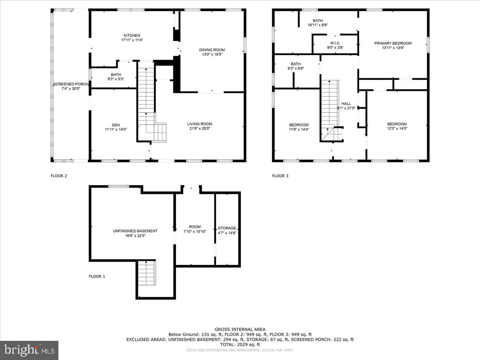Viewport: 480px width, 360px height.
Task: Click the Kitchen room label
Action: coord(132,36)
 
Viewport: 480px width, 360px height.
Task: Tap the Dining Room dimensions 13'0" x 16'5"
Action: coord(212,54)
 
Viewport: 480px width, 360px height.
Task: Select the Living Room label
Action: coord(200,124)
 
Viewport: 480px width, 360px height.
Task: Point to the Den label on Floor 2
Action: coord(116,125)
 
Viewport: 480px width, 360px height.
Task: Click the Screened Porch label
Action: coord(70,84)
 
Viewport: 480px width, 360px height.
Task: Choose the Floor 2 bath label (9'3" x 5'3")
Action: coord(116,74)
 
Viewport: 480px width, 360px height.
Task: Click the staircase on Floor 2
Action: coord(146,96)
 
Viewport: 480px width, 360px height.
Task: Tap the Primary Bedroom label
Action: coord(393,43)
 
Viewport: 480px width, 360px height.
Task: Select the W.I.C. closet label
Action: coord(335,43)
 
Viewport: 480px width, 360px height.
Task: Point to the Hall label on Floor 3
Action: coord(346,104)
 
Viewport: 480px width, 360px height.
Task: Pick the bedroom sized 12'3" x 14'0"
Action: coord(397,124)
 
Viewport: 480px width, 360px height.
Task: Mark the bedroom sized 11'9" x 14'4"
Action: coord(299,125)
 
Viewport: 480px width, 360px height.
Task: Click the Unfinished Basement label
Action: coord(135,231)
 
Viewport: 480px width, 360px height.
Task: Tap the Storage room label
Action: coord(227,228)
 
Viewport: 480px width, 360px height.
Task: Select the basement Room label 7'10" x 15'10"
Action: coord(195,227)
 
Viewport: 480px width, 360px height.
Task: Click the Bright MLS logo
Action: coord(29,350)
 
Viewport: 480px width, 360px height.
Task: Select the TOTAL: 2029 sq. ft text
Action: coord(240,344)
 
